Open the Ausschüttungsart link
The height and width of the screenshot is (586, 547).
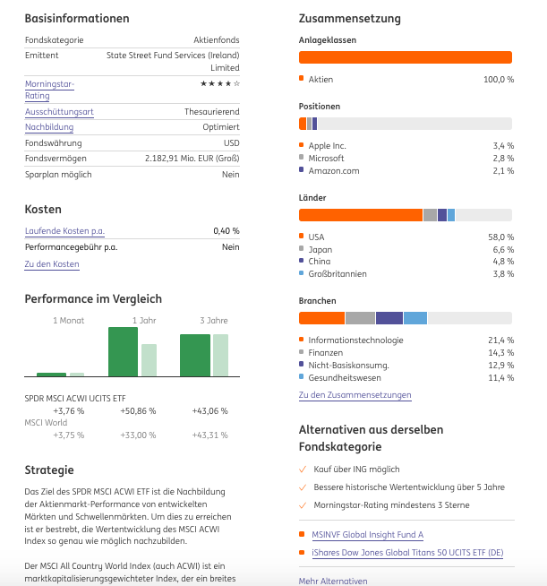tap(59, 112)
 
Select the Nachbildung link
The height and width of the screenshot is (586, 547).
tap(49, 127)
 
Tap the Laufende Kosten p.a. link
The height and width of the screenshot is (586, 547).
tap(65, 231)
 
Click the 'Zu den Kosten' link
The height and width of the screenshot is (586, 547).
tap(52, 264)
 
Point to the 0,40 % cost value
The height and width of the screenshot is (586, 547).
tap(226, 231)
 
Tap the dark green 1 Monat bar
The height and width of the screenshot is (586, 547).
tap(51, 375)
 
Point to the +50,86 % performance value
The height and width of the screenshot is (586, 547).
tap(138, 411)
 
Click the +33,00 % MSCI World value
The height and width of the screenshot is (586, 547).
tap(138, 435)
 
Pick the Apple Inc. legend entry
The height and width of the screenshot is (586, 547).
tap(327, 145)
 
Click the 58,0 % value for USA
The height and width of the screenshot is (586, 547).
tap(503, 237)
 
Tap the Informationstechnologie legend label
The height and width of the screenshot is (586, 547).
tap(355, 340)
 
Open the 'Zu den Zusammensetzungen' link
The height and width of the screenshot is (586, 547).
tap(355, 395)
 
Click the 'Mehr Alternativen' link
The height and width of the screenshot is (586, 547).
tap(333, 581)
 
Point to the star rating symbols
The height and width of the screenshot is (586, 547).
tap(219, 83)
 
